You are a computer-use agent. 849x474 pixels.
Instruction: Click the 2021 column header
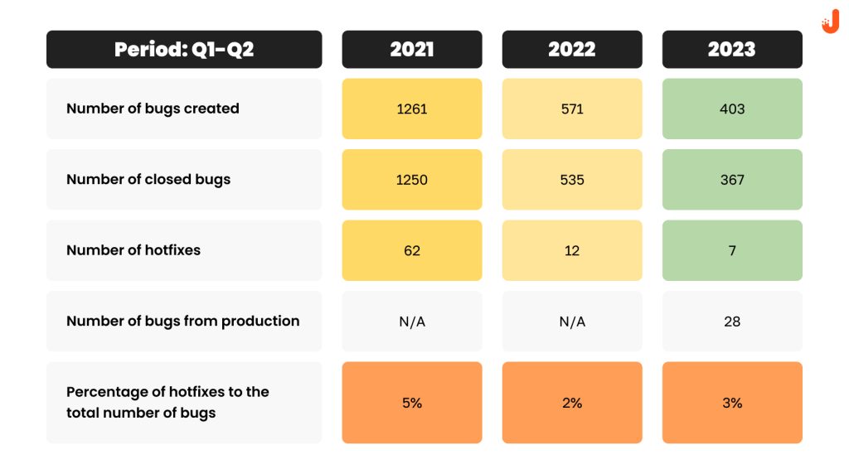coord(412,49)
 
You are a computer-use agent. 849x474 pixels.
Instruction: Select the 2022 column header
coord(572,49)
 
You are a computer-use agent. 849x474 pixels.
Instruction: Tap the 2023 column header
coord(732,49)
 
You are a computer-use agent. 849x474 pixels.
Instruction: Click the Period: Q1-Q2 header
coord(184,49)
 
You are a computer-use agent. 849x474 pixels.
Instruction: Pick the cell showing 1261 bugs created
coord(412,109)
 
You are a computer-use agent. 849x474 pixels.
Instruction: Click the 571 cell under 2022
coord(572,109)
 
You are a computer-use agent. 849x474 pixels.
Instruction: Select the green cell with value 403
coord(732,109)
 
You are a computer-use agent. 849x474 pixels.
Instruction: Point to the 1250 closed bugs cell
coord(412,180)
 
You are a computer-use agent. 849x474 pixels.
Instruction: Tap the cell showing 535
coord(572,180)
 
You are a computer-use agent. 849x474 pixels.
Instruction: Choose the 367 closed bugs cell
coord(732,180)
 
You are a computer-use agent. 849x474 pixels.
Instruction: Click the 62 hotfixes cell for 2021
coord(412,250)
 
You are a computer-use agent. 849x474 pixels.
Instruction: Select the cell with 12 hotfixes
coord(572,250)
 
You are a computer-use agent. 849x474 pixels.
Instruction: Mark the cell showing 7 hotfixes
coord(732,250)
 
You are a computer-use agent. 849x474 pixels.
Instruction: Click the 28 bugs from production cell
coord(732,322)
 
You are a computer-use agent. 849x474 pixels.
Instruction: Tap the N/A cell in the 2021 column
coord(412,322)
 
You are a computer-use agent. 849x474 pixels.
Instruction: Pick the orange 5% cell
coord(412,403)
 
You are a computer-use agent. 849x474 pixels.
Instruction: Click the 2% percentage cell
coord(572,403)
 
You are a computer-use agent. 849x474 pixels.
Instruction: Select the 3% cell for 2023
coord(732,403)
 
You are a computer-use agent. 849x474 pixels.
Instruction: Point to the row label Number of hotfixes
coord(133,250)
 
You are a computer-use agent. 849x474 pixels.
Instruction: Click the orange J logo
coord(831,22)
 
